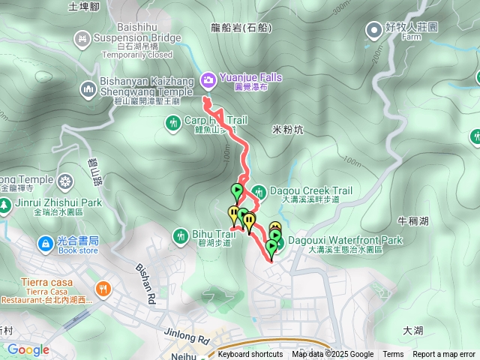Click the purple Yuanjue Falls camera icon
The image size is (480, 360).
coord(208,77)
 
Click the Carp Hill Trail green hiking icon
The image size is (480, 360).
coord(174,121)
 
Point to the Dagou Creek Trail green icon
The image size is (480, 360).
coord(259,191)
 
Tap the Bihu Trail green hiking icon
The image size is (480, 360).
coord(180,235)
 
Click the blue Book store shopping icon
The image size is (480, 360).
coord(45,244)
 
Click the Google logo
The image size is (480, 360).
coord(28,349)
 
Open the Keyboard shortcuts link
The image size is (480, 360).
coord(250,355)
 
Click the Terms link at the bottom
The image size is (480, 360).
coord(393,355)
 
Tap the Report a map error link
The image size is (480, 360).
coord(444,355)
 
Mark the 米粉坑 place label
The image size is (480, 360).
coord(287,130)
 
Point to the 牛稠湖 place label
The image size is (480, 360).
coord(412,221)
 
